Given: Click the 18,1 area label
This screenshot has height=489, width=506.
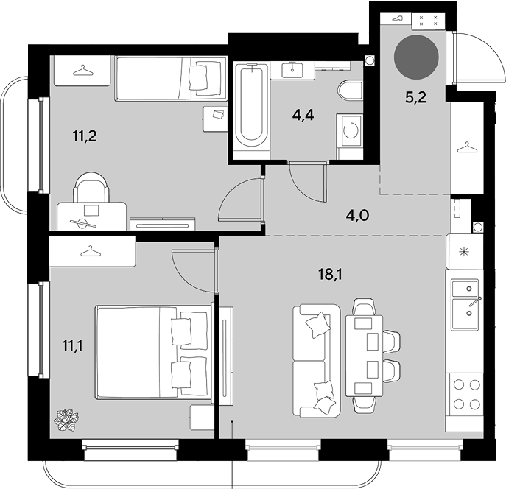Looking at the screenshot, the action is [330, 275].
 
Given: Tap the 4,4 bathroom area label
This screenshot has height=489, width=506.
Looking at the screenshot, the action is [303, 114].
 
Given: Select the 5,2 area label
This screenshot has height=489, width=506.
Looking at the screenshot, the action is [416, 97].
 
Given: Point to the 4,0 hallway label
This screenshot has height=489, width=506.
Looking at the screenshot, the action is [357, 215].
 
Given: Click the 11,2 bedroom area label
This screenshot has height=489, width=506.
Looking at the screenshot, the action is [85, 136].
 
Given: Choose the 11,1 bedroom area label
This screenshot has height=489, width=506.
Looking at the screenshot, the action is [72, 346].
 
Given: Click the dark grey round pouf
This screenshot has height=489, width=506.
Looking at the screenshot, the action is [416, 57].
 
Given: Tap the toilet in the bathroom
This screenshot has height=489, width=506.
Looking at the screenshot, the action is [350, 91].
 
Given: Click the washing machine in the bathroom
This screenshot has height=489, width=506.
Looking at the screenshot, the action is [350, 130].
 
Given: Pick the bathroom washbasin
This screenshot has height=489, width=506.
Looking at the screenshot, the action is [292, 71].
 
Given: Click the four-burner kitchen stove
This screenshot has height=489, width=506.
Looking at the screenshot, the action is [465, 394].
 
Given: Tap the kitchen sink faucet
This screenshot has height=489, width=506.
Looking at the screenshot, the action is [475, 302].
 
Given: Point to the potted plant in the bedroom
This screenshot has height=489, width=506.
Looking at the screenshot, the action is [66, 420].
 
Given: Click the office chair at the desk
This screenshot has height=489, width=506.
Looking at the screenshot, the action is [91, 187].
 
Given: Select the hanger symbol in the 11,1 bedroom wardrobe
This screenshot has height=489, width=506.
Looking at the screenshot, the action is [91, 251].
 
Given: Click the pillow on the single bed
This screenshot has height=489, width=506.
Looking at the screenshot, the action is [197, 77].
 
